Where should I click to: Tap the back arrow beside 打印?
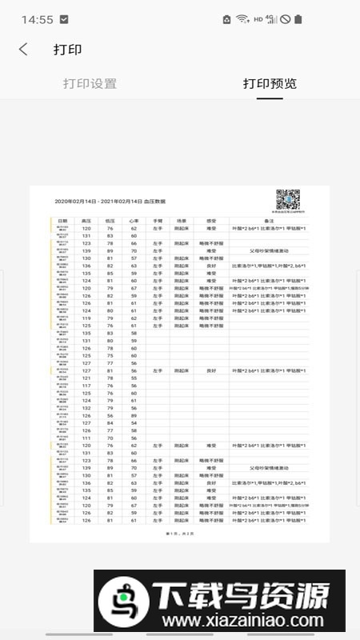tap(23, 50)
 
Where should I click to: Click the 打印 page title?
tap(68, 50)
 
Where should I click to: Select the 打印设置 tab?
tap(90, 84)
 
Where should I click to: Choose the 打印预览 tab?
tap(270, 84)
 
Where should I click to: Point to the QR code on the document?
tap(287, 200)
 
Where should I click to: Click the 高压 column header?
tap(86, 220)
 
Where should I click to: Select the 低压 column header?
tap(110, 220)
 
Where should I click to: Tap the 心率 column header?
tap(134, 220)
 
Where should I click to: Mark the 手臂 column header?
tap(158, 220)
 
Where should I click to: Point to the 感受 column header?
tap(211, 220)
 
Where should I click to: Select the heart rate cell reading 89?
tap(134, 416)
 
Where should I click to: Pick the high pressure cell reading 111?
tap(86, 438)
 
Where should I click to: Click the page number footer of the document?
tap(179, 532)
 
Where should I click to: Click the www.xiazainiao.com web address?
tap(243, 621)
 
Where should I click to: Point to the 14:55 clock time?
tap(38, 19)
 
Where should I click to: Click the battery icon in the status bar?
tap(298, 19)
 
